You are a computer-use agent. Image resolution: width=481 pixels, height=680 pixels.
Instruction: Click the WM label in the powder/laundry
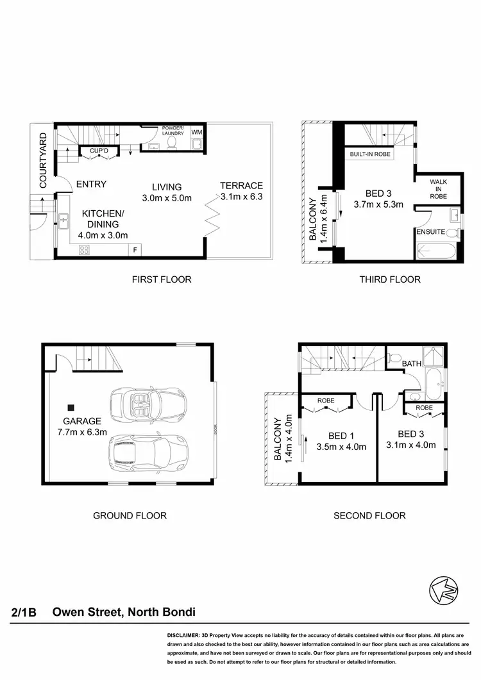click(x=197, y=132)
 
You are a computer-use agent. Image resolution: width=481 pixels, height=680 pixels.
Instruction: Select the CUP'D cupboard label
click(x=97, y=151)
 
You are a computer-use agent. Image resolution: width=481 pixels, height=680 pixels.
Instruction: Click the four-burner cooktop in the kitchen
click(x=84, y=251)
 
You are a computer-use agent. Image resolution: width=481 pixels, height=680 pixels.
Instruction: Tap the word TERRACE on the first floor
click(x=242, y=186)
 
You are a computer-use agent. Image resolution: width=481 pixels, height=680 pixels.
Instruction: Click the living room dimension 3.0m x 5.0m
click(x=167, y=198)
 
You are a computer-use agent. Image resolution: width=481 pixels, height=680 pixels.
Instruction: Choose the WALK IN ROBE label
click(x=439, y=189)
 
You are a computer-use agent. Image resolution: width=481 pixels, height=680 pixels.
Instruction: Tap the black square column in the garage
click(x=72, y=407)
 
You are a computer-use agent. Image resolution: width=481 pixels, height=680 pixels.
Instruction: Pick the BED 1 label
click(x=340, y=434)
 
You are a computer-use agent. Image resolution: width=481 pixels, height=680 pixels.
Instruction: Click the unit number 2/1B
click(x=24, y=613)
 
